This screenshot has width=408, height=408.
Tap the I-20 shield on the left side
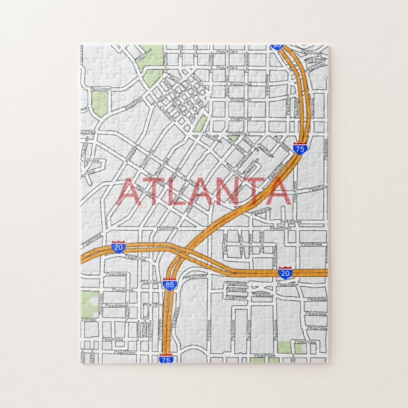(x=118, y=246)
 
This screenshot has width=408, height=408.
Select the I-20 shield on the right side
(x=285, y=272)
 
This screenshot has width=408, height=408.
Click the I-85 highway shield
(x=170, y=284)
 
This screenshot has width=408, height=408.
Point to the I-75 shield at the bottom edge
(x=166, y=359)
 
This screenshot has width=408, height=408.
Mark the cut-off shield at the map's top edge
(x=277, y=46)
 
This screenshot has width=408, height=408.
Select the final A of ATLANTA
(x=277, y=192)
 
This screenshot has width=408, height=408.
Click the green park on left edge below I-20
(x=89, y=305)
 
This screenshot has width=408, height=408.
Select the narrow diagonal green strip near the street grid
(x=200, y=123)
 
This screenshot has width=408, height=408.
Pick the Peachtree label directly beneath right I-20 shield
(x=287, y=284)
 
